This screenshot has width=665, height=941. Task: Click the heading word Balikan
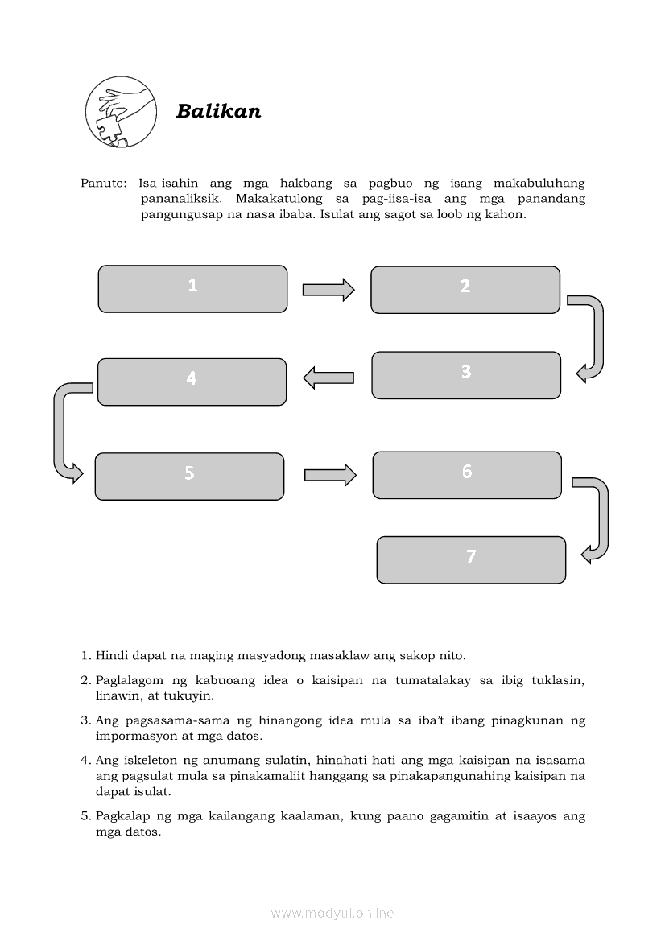[218, 111]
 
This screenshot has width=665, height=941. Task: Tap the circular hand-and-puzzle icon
[121, 112]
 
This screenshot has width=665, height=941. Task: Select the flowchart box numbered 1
[192, 289]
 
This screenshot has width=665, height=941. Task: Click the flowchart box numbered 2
[465, 290]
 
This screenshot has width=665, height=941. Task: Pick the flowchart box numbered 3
[465, 375]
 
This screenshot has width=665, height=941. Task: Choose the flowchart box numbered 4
[192, 382]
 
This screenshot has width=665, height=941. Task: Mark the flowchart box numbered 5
[189, 477]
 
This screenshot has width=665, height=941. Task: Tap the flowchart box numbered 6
[466, 475]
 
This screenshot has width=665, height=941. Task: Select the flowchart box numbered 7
[471, 559]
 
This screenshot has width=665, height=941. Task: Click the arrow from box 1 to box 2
[328, 290]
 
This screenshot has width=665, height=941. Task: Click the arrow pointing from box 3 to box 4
[328, 377]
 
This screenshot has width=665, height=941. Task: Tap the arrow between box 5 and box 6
[330, 475]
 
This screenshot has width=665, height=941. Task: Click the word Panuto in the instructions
[99, 183]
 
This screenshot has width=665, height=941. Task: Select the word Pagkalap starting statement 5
[122, 815]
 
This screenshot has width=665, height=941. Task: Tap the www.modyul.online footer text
[332, 913]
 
